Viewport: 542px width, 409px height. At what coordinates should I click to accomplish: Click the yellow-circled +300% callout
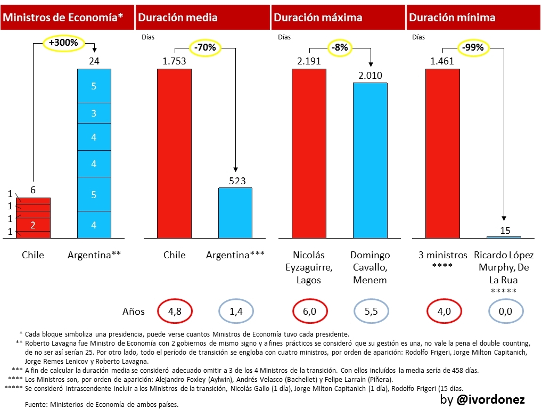tap(63, 42)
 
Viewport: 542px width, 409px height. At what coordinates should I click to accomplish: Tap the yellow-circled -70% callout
tap(205, 47)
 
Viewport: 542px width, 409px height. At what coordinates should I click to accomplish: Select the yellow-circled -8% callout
tap(340, 47)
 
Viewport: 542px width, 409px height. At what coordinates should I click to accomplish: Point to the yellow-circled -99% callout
tap(473, 47)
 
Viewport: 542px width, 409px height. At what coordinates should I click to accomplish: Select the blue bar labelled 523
tap(235, 212)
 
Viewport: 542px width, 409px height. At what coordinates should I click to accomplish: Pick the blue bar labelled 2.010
tap(370, 160)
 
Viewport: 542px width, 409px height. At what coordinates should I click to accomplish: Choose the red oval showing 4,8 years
tap(175, 311)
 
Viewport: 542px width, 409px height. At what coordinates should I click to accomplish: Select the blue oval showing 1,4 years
tap(235, 311)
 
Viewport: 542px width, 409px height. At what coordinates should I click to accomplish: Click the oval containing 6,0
tap(309, 311)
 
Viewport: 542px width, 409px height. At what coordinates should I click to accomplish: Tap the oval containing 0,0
tap(504, 311)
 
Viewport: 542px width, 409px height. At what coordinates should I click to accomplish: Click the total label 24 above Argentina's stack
tap(94, 61)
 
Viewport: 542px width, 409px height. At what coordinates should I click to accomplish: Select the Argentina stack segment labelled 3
tap(94, 113)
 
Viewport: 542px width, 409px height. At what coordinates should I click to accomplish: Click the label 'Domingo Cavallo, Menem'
tap(370, 268)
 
